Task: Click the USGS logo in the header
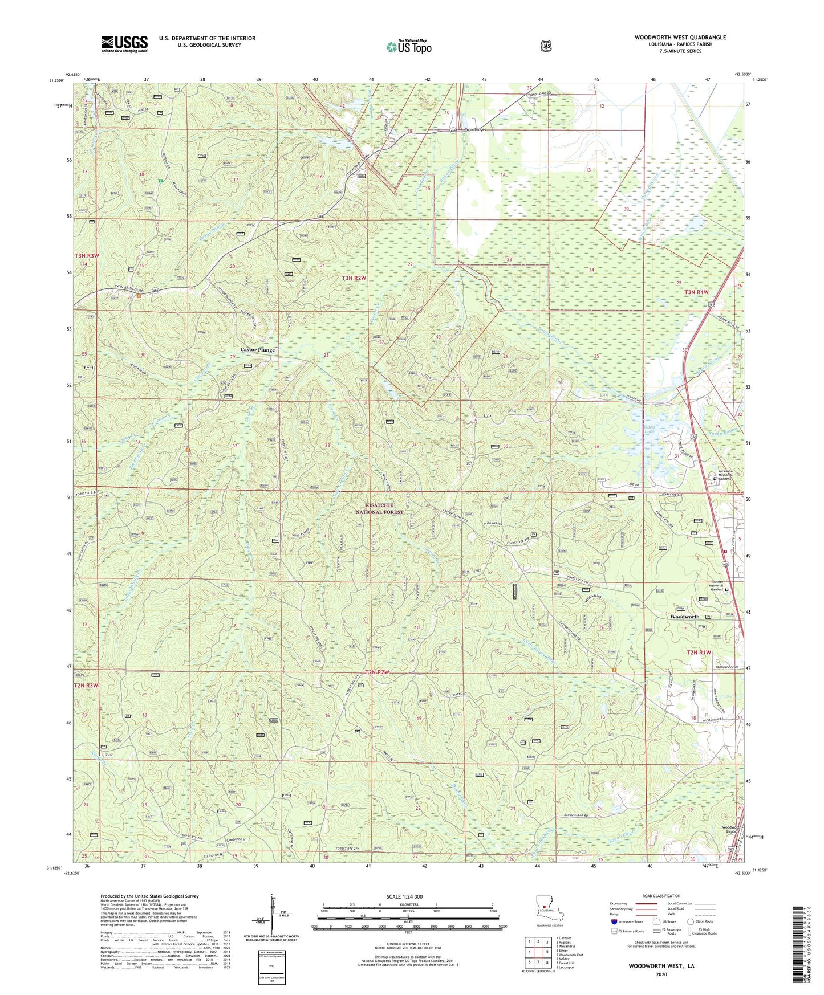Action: (124, 44)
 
